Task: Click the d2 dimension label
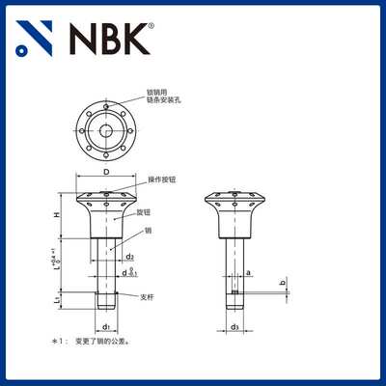pos(129,257)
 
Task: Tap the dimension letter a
pos(250,273)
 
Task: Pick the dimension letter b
pos(284,282)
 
